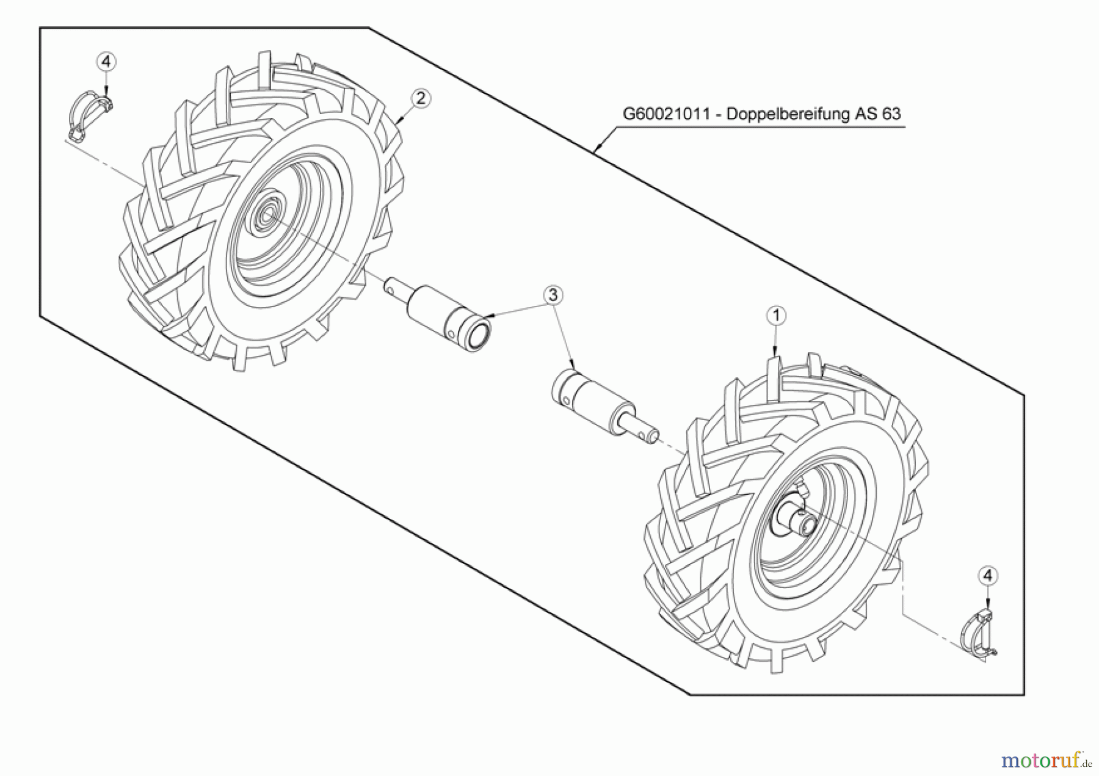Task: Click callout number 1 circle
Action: (776, 316)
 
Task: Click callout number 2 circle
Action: (421, 98)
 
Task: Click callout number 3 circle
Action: (553, 295)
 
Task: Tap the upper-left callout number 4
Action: (106, 62)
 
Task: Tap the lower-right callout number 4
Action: (988, 576)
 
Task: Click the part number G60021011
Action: (666, 114)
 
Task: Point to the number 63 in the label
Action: (891, 114)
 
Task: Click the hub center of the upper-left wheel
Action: (267, 214)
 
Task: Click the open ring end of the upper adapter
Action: (479, 336)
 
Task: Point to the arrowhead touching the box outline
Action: (597, 148)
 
